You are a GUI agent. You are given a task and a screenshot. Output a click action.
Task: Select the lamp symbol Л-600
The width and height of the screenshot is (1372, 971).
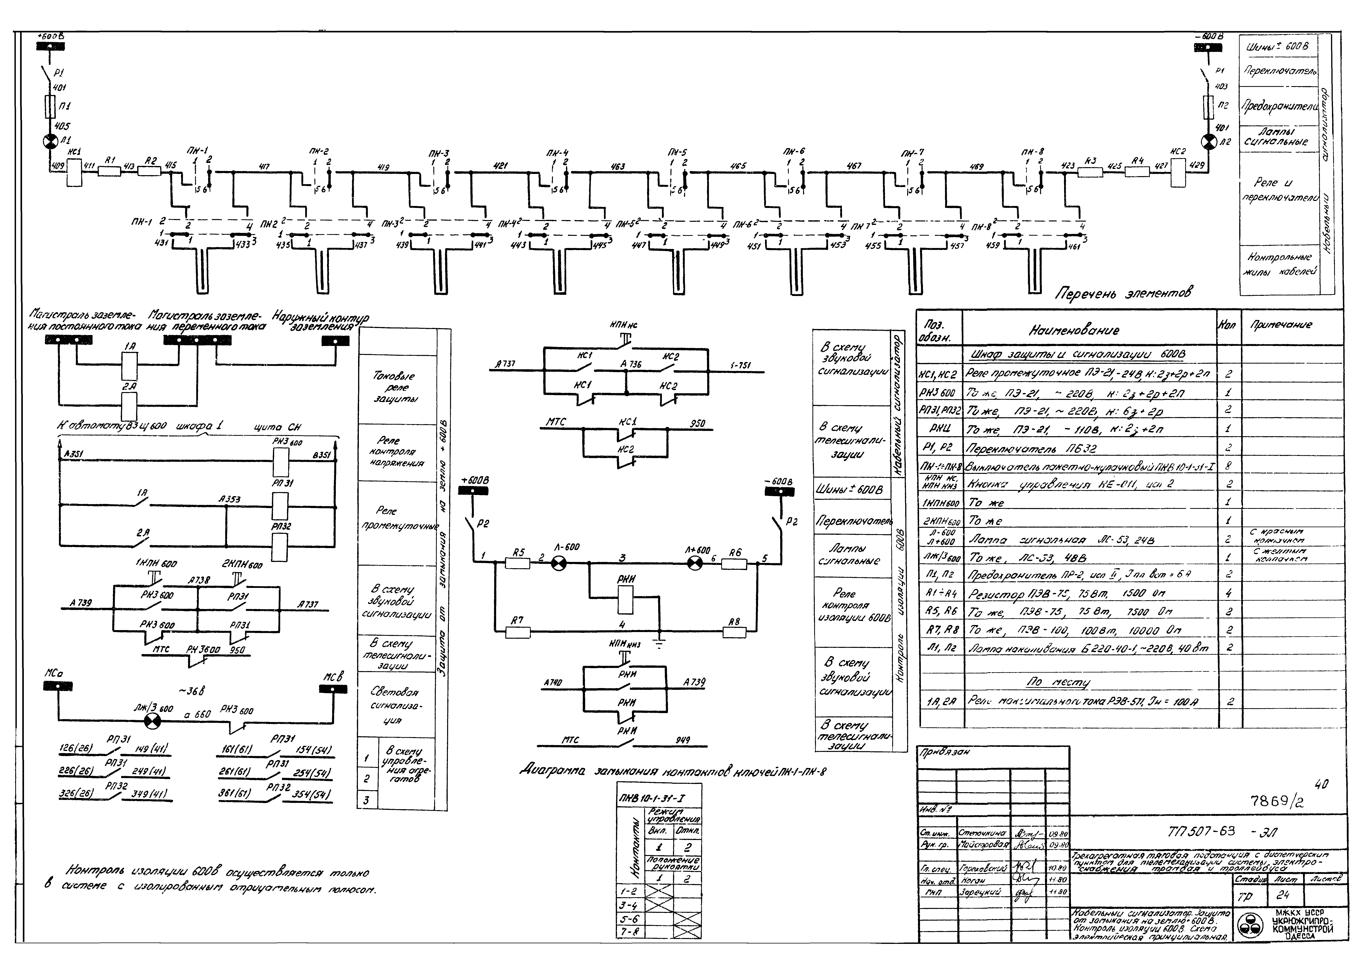coord(558,563)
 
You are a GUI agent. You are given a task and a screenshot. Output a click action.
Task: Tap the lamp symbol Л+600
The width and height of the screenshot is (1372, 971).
coord(695,563)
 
